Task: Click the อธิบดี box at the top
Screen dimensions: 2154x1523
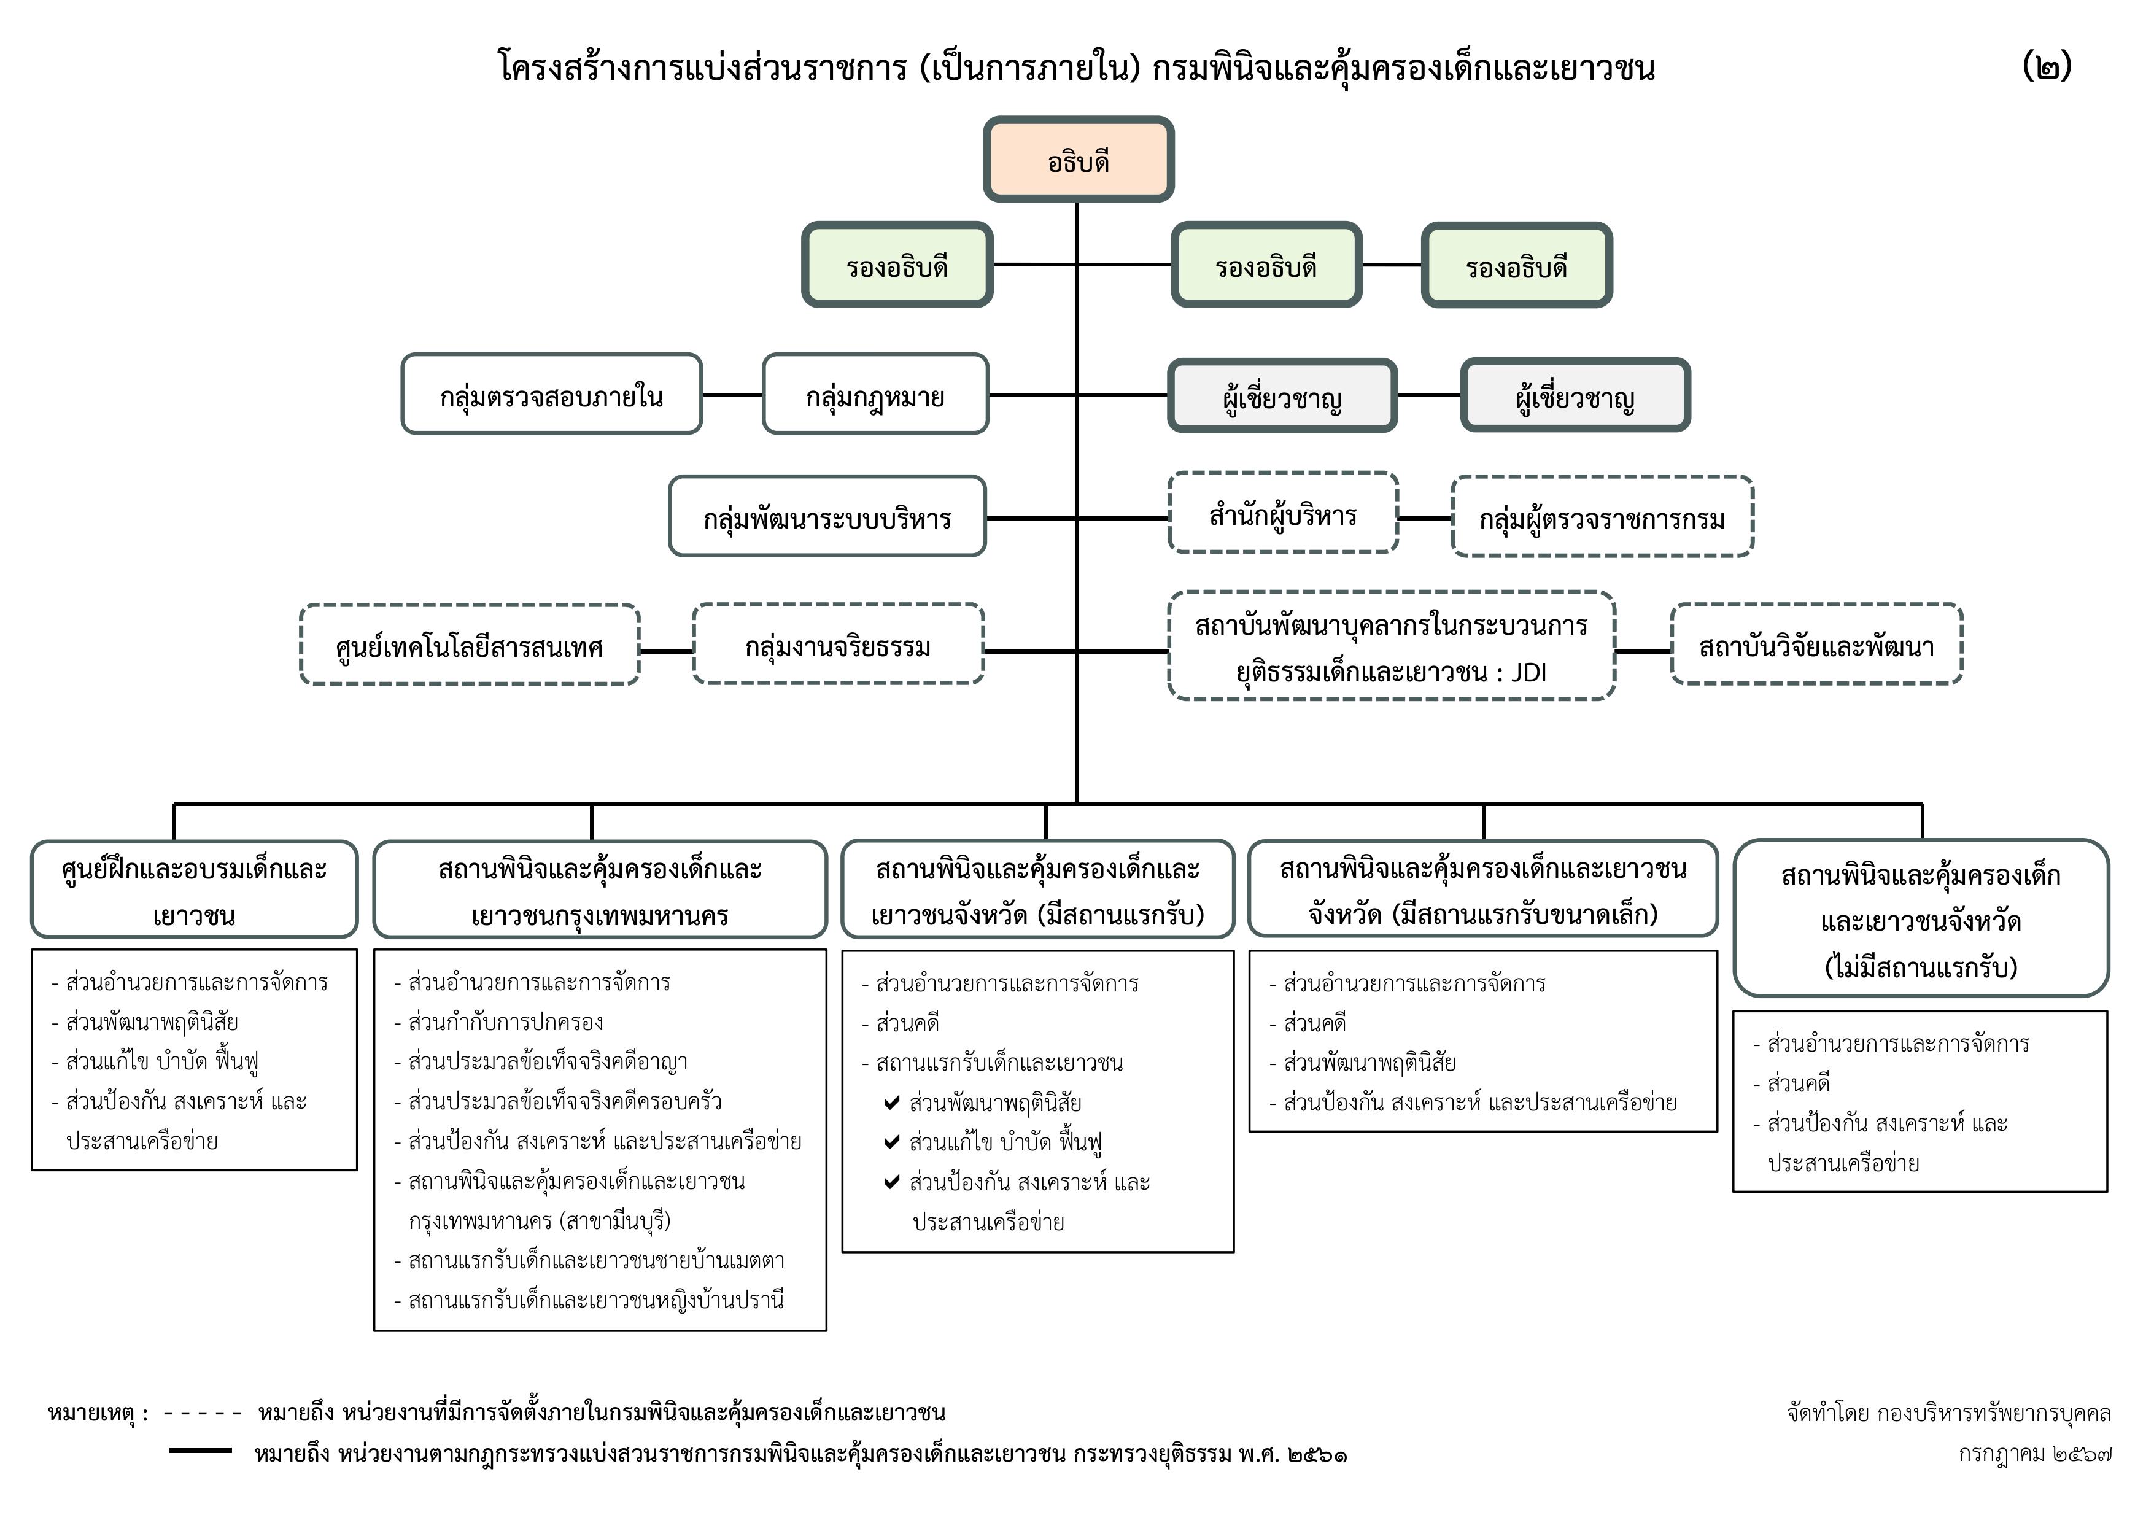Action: point(1078,160)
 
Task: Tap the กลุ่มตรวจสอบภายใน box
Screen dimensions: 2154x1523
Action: point(552,394)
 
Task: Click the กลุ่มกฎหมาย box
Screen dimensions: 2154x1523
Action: point(875,394)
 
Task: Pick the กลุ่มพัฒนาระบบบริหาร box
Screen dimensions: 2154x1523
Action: point(827,517)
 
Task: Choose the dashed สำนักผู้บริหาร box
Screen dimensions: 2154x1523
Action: point(1282,513)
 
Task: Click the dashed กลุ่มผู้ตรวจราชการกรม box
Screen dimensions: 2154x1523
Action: point(1602,517)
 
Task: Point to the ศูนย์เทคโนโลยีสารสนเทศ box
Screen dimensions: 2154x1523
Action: point(469,646)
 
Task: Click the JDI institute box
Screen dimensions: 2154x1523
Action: point(1391,646)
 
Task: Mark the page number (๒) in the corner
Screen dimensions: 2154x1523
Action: point(2047,66)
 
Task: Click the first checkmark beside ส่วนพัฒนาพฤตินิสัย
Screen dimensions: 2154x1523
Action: point(892,1103)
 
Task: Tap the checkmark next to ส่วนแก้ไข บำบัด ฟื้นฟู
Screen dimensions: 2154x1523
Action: point(892,1142)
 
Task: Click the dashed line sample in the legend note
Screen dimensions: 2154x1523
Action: point(202,1413)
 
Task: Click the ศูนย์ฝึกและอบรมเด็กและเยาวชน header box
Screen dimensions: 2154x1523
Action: point(194,889)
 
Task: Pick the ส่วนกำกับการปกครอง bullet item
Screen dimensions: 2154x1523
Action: point(498,1023)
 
